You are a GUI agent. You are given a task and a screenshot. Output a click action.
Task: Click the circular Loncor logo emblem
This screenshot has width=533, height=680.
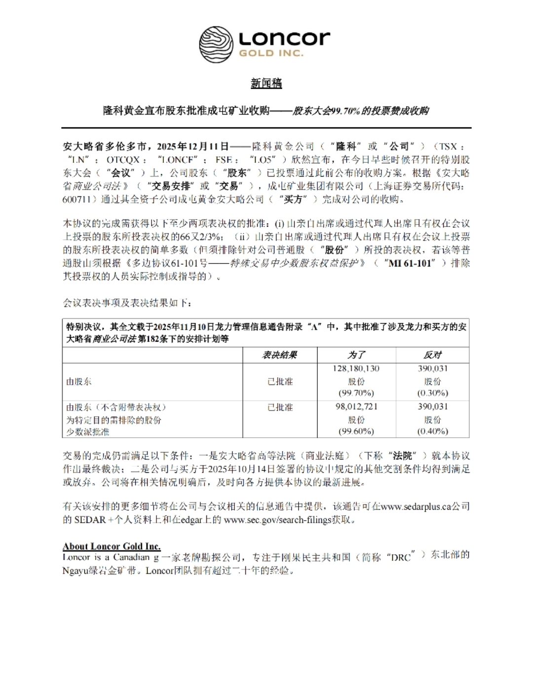(216, 44)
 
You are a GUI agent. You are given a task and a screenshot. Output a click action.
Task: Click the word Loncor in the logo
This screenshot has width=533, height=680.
(284, 38)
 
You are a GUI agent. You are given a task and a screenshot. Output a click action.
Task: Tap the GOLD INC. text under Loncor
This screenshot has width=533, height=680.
(271, 53)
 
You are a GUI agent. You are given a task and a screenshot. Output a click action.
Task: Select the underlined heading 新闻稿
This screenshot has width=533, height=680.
(266, 83)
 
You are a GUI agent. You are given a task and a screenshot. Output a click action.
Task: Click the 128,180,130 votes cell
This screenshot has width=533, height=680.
(356, 368)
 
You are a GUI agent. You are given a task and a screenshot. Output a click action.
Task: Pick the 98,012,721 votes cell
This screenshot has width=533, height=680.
(356, 406)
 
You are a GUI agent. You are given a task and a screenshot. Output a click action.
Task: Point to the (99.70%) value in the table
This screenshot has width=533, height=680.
(356, 393)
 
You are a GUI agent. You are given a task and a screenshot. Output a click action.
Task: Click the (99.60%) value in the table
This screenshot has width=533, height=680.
(356, 431)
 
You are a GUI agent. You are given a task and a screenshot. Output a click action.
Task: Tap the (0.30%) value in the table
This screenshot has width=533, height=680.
(432, 393)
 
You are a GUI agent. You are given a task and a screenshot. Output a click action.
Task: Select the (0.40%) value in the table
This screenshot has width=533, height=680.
(432, 431)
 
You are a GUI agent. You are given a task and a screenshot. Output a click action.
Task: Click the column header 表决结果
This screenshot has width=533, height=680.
(279, 355)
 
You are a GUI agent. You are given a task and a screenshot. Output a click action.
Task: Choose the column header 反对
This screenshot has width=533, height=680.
(432, 355)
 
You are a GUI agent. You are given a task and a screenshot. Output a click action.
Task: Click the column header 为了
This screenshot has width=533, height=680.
(356, 355)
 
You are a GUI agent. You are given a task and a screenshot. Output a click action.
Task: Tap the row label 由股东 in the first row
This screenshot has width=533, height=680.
(79, 381)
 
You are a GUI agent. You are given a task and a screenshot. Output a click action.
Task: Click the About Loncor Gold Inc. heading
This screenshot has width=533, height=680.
(112, 546)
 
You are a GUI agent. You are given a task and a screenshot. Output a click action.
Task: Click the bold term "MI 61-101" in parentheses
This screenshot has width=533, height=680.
(410, 263)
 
